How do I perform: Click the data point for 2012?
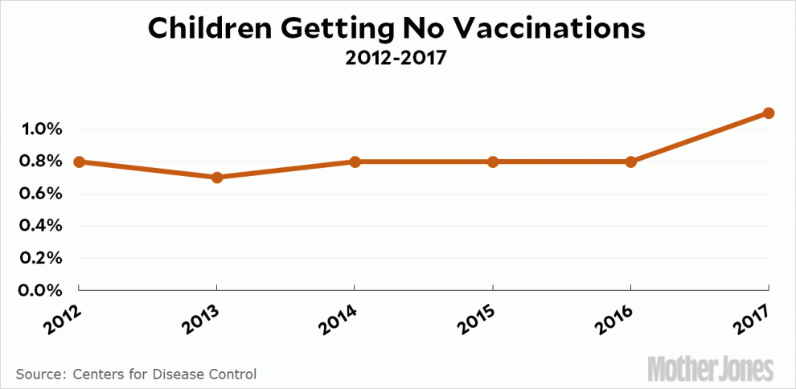point(79,162)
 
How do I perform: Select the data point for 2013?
point(216,177)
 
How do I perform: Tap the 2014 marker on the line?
point(355,162)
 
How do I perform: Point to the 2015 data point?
point(492,162)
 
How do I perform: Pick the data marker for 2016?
point(630,162)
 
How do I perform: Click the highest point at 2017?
point(769,113)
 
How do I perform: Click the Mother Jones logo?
point(711,368)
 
